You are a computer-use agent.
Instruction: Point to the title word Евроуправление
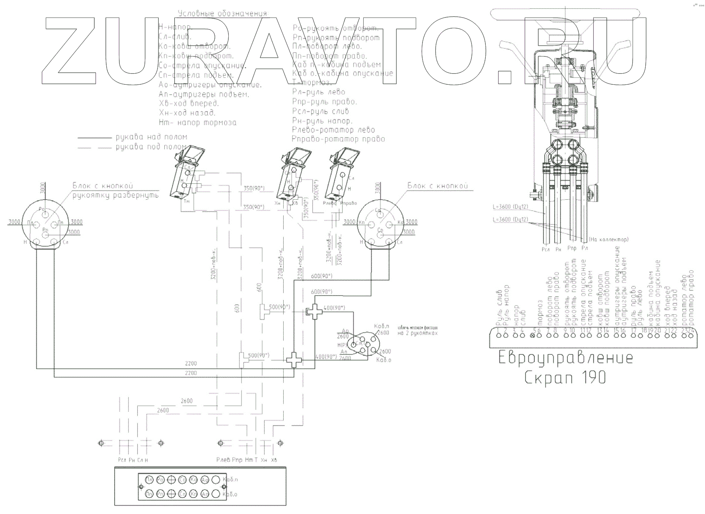point(565,358)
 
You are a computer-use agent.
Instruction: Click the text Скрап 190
point(565,377)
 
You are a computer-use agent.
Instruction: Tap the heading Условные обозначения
point(223,14)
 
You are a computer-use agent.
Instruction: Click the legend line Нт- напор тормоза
point(197,123)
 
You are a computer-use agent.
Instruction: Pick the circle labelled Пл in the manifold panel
point(149,479)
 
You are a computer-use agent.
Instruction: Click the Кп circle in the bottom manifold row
point(194,494)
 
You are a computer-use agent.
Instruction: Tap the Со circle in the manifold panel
point(183,479)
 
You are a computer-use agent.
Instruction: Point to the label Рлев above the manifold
point(223,460)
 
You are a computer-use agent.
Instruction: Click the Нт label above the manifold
point(249,460)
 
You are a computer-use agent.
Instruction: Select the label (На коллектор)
point(608,239)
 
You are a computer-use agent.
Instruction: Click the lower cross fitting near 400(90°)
point(294,360)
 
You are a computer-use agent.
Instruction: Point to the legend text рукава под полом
point(151,147)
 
